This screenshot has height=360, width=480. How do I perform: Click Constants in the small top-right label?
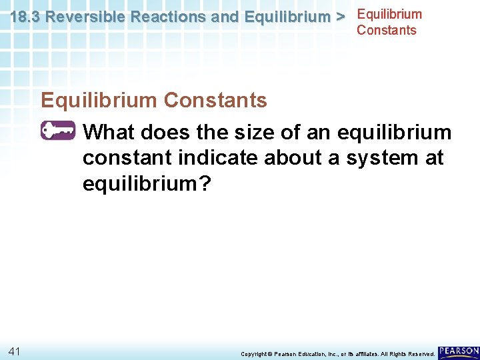(x=386, y=30)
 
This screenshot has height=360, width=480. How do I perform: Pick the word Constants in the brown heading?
(x=215, y=101)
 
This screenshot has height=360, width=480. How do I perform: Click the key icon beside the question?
(x=58, y=131)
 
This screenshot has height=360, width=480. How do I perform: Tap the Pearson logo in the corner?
(x=458, y=351)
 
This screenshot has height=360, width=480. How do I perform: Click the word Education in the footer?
(x=310, y=354)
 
